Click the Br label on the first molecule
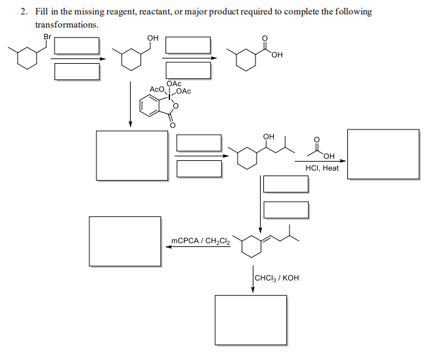click(x=47, y=36)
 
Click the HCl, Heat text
click(x=322, y=168)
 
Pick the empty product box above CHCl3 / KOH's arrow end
click(x=250, y=320)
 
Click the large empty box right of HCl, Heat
click(x=383, y=154)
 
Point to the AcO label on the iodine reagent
click(x=157, y=89)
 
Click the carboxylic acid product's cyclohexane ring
click(x=244, y=59)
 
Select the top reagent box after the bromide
click(x=76, y=46)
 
